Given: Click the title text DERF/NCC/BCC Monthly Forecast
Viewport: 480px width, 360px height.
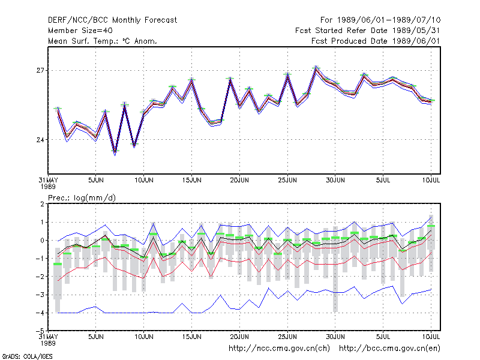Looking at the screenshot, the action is coord(112,20).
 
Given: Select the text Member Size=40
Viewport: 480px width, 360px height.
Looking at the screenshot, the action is coord(80,31).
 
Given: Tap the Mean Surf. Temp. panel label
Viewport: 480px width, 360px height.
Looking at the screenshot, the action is coord(103,41).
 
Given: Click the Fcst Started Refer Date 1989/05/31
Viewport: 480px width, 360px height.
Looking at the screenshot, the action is coord(367,31).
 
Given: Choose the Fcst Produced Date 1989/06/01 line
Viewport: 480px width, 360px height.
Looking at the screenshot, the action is coord(376,41).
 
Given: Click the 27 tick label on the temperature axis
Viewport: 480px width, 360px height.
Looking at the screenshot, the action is coord(40,70).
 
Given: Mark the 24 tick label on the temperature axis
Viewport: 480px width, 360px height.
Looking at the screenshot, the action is coord(40,140).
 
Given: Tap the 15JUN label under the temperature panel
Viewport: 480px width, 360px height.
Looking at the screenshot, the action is coord(191,181).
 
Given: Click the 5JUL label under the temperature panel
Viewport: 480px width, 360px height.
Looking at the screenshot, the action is coord(383,181).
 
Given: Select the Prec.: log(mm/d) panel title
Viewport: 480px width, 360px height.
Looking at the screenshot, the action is coord(82,198).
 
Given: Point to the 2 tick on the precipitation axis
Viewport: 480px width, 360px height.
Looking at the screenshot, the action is coord(42,204).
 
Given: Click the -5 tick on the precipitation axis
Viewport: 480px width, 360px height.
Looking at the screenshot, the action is coord(40,331).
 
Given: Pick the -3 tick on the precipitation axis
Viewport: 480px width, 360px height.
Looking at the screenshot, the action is coord(40,295).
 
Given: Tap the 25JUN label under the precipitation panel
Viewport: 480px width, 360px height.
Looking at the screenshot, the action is coord(287,337).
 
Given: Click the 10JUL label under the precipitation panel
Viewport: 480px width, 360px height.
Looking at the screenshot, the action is coord(431,337).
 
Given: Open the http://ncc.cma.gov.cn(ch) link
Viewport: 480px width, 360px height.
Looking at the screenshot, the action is coord(279,349).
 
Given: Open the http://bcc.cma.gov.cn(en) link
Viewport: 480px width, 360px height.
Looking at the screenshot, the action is coord(389,349).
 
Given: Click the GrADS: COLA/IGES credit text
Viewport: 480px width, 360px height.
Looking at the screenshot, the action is coord(27,356).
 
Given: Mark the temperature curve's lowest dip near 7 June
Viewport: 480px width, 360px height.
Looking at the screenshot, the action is coord(115,152).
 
